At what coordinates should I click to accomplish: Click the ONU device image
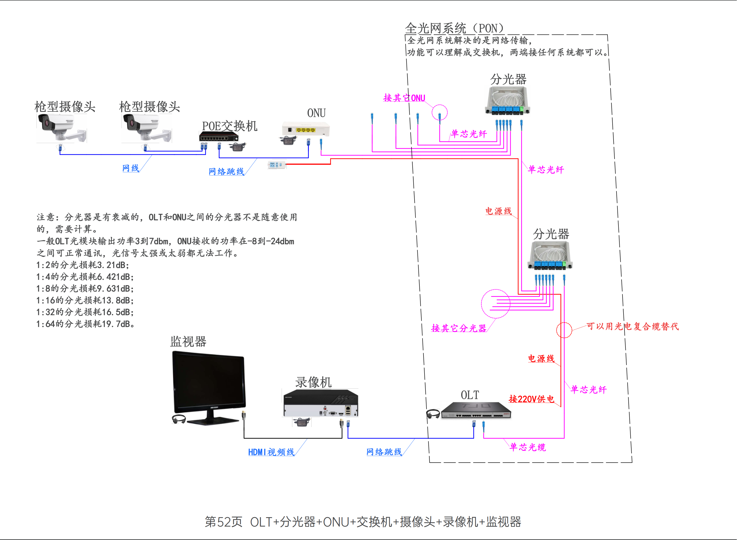pyautogui.click(x=306, y=129)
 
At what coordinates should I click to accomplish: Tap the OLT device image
pyautogui.click(x=476, y=411)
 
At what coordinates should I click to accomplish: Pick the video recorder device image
pyautogui.click(x=321, y=403)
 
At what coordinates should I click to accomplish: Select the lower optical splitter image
pyautogui.click(x=550, y=256)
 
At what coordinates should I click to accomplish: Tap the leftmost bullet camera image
pyautogui.click(x=61, y=128)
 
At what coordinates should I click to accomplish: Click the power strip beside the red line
pyautogui.click(x=277, y=165)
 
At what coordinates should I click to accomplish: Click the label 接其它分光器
pyautogui.click(x=459, y=328)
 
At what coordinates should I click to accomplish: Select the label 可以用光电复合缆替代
pyautogui.click(x=632, y=326)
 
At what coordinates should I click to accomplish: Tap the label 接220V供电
pyautogui.click(x=531, y=399)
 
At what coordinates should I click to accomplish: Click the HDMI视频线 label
pyautogui.click(x=271, y=452)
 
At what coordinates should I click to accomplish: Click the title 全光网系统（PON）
pyautogui.click(x=454, y=28)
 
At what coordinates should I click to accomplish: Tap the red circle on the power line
pyautogui.click(x=564, y=330)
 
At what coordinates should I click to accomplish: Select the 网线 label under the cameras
pyautogui.click(x=130, y=168)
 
